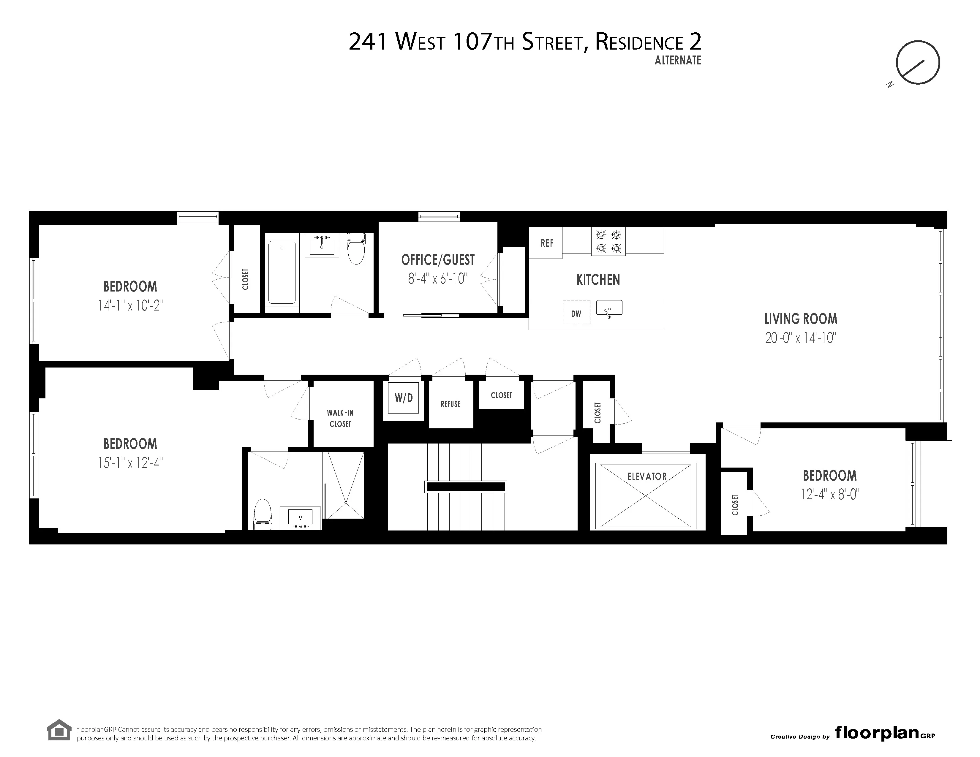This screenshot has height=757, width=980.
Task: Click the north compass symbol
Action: (x=917, y=62)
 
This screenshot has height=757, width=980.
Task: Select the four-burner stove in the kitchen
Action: (x=608, y=241)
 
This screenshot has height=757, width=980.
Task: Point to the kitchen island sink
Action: (x=609, y=308)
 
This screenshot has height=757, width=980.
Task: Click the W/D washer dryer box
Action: (x=403, y=398)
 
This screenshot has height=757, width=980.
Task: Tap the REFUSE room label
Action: (x=451, y=404)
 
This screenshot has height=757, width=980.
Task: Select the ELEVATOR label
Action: (x=647, y=476)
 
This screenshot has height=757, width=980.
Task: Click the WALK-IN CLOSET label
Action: (x=340, y=418)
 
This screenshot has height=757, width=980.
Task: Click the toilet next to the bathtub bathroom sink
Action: (x=356, y=249)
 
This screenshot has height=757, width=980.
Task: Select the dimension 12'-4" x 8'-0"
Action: (x=830, y=495)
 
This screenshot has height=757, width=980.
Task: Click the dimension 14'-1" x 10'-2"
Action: (x=130, y=306)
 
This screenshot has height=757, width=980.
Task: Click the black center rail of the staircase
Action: (x=466, y=487)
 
